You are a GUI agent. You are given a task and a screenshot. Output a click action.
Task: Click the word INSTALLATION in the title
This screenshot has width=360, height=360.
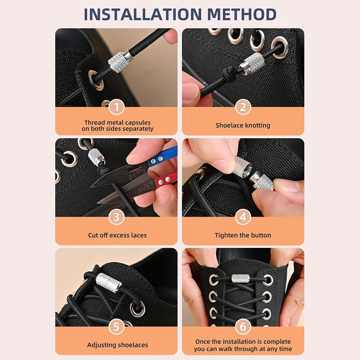click(x=143, y=14)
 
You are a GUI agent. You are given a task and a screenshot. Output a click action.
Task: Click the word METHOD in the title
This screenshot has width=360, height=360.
click(x=242, y=14)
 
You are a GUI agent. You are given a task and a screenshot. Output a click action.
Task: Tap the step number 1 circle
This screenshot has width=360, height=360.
click(x=117, y=107)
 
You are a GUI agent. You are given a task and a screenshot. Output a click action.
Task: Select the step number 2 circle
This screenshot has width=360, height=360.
click(x=243, y=107)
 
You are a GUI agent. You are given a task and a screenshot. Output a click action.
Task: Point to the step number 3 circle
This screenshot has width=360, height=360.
click(x=117, y=217)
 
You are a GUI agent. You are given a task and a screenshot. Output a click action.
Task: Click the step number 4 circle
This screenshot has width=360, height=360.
click(x=243, y=217)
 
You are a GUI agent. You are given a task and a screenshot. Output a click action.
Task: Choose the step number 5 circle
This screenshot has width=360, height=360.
click(x=117, y=327)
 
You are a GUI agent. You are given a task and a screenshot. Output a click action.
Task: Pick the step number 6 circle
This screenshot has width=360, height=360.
click(x=243, y=327)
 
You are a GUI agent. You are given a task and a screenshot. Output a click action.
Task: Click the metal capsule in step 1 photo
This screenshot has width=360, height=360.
click(x=120, y=61)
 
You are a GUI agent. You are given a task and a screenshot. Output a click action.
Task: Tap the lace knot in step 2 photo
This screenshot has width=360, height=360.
click(x=228, y=74)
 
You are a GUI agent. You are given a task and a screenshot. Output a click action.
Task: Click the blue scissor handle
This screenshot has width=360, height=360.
click(x=162, y=157)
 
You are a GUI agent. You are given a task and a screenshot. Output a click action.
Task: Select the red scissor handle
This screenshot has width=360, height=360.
click(x=166, y=179)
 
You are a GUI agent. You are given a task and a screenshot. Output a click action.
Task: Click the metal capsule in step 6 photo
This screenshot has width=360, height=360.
click(x=240, y=278)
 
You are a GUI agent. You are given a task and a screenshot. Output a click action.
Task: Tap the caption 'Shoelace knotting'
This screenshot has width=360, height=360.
click(x=243, y=126)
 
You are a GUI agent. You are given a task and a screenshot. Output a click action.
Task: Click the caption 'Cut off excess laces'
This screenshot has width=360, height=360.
click(x=117, y=235)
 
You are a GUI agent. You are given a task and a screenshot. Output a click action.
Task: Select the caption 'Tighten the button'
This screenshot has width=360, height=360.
click(x=243, y=235)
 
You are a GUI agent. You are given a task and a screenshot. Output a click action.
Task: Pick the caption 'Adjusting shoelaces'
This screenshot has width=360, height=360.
click(x=117, y=345)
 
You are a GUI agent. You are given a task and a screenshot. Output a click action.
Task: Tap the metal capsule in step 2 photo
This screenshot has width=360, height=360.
click(x=252, y=63)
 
